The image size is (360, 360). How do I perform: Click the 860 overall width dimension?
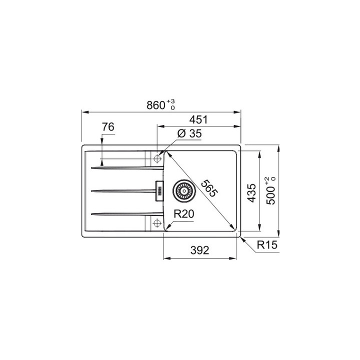[x=156, y=105]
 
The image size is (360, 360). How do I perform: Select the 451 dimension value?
[x=197, y=120]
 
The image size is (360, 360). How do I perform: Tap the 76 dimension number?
[x=107, y=127]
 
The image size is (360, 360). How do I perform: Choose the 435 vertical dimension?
[x=252, y=193]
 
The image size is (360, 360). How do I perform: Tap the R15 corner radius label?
[x=267, y=245]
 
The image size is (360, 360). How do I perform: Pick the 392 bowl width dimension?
[x=199, y=250]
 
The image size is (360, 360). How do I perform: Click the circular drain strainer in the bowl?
[x=182, y=190]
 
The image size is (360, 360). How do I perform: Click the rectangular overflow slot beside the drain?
[x=160, y=190]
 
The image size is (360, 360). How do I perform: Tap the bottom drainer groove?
[x=120, y=214]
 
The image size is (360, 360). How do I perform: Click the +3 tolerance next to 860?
[x=171, y=101]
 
